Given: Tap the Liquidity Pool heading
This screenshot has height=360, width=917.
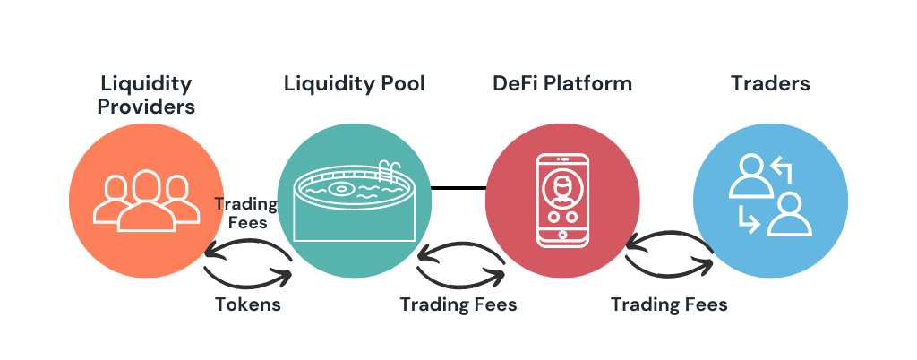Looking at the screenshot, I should [354, 84].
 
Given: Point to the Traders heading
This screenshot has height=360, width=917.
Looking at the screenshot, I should [770, 84].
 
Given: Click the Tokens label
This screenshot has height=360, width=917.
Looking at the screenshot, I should [248, 304].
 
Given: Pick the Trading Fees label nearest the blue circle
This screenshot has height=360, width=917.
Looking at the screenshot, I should [669, 304].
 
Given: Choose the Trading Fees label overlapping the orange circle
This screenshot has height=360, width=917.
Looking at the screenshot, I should [246, 212].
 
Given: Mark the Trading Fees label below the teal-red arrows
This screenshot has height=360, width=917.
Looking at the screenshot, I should [458, 304].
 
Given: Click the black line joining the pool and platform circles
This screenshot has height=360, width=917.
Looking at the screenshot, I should [458, 188].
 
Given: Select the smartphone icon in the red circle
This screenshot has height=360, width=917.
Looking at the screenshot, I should [561, 200].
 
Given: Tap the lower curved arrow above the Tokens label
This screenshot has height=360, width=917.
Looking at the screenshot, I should [248, 275].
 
